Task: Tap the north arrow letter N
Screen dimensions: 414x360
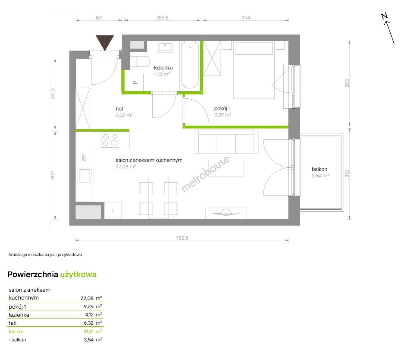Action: pos(384,16)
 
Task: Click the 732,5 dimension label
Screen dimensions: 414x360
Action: pos(182,238)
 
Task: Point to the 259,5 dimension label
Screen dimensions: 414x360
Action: pos(162,18)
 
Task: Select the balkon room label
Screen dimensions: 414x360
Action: pos(319,169)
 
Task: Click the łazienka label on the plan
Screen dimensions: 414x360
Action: pos(163,68)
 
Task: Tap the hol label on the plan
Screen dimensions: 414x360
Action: pos(119,109)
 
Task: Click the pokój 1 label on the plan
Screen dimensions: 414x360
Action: pos(222,108)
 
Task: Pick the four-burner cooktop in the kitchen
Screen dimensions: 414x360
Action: pos(110,140)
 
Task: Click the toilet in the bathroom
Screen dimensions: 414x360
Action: pos(139,61)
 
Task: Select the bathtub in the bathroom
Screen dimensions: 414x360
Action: pos(189,65)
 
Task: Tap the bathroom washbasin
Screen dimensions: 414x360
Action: pos(165,47)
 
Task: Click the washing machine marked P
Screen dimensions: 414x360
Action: pos(134,82)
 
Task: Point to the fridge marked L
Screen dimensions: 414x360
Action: pos(113,210)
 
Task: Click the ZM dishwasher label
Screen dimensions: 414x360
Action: pos(84,158)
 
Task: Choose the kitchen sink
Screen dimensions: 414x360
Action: pos(84,175)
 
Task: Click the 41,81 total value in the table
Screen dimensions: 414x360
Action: pos(89,331)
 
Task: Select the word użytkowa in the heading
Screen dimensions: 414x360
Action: pos(78,274)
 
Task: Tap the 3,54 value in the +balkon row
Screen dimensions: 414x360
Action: pos(89,340)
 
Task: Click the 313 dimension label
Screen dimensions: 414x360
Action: pos(347,174)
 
